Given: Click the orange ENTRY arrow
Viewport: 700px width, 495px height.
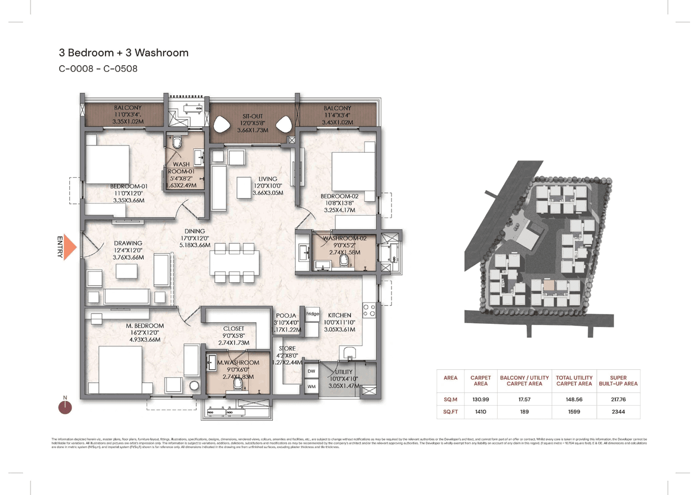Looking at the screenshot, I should [x=71, y=247].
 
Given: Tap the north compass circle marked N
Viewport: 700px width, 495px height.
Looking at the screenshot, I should [x=65, y=406].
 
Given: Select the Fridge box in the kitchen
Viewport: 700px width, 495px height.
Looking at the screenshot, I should [x=312, y=315].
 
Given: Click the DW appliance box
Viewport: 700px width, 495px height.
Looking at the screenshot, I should [x=312, y=371].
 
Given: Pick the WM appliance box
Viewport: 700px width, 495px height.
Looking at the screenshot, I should [x=312, y=387].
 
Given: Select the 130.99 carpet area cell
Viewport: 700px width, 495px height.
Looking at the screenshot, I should [x=480, y=399].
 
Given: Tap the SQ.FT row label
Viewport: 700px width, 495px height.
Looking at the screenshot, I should [x=451, y=411].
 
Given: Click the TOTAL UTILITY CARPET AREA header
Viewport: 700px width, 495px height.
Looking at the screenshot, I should [x=574, y=381].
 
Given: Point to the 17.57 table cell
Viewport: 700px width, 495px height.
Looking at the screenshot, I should [x=524, y=399].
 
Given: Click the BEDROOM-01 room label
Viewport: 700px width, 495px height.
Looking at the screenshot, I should [x=129, y=186].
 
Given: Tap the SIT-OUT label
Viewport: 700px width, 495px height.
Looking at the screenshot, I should [x=253, y=117].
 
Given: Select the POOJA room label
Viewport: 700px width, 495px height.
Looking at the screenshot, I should [x=287, y=316].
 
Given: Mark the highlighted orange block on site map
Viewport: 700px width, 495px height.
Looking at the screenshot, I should [x=548, y=286].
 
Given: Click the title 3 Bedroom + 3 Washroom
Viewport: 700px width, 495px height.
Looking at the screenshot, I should [x=124, y=53].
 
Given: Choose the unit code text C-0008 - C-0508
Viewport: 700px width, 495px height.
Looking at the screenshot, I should [x=98, y=69].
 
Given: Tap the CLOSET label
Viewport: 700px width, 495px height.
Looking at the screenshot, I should [x=234, y=329].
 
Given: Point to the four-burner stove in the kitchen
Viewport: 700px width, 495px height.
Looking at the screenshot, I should [x=369, y=310].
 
